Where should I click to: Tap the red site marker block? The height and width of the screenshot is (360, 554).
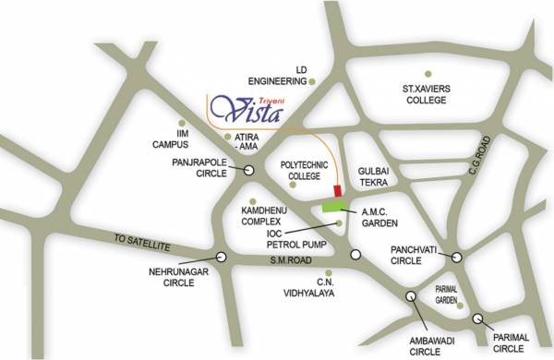[338, 189]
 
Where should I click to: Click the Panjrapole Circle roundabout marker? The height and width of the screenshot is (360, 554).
[250, 169]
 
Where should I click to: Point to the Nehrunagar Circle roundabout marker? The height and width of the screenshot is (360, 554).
[221, 258]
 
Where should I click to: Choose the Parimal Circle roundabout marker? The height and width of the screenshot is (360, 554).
[478, 318]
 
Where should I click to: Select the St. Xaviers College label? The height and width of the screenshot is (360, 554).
[427, 94]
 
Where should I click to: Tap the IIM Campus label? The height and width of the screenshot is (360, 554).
[170, 139]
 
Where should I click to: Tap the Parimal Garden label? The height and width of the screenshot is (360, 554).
[447, 294]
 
